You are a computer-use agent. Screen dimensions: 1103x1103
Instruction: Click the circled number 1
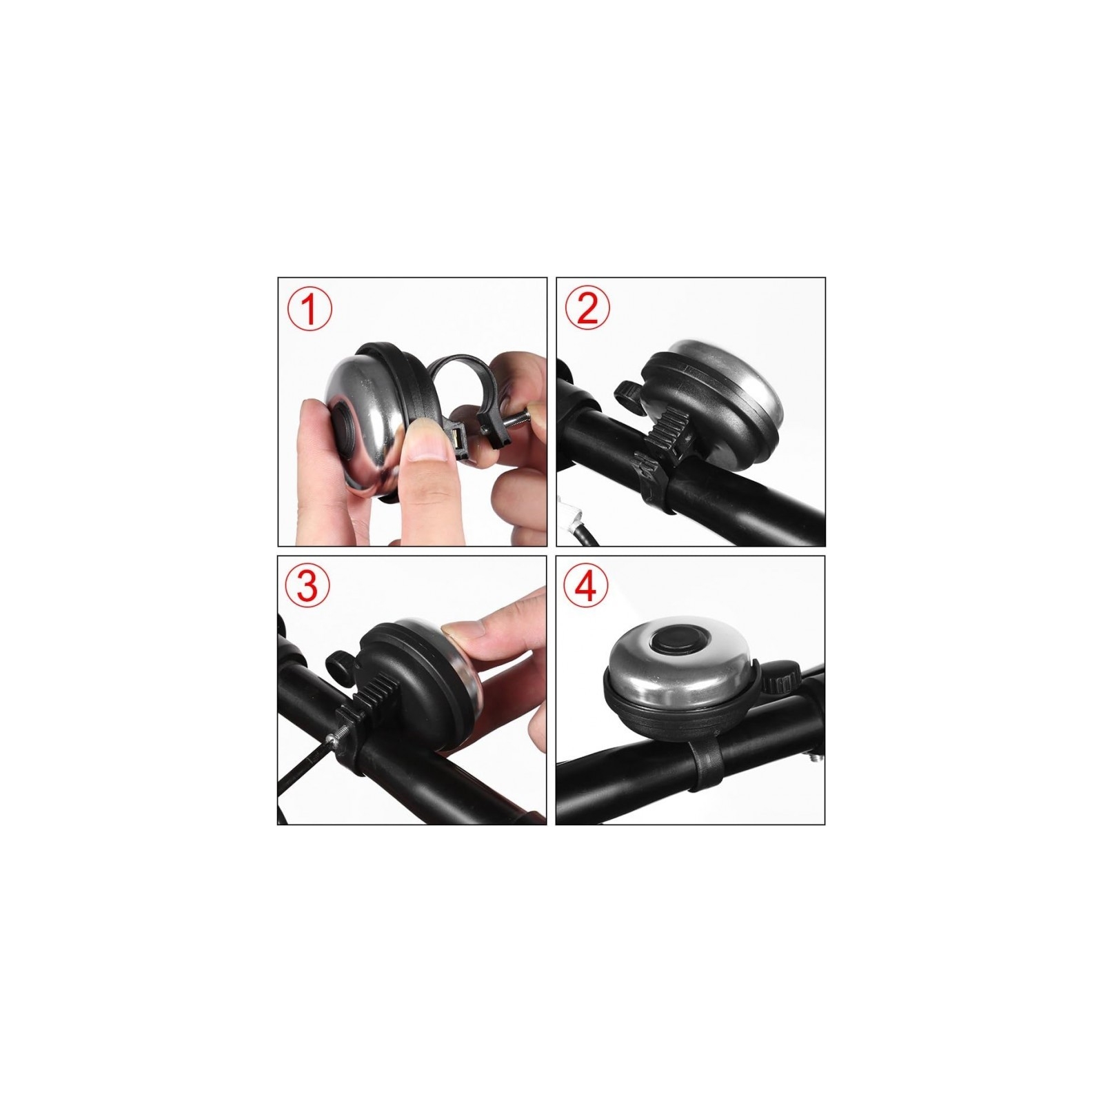[310, 310]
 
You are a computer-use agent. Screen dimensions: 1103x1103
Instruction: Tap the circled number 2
[587, 310]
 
